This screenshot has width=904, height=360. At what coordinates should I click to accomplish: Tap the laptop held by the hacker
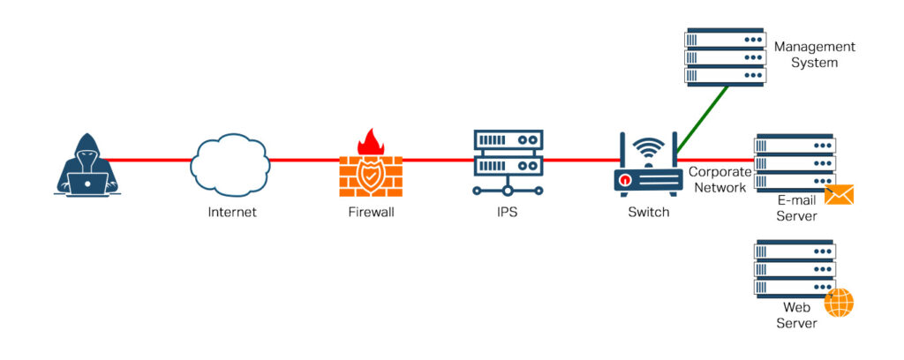point(88,184)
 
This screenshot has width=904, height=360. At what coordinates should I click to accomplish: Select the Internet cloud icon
point(230,163)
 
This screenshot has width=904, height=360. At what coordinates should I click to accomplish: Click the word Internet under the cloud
point(231,213)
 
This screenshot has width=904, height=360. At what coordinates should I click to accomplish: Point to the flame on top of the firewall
point(369,141)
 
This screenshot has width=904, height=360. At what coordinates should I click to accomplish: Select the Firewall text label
point(370,213)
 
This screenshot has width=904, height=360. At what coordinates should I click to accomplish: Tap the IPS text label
point(508,213)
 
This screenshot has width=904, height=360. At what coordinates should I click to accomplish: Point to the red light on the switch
point(625,181)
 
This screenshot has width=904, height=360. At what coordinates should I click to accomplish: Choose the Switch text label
point(648,213)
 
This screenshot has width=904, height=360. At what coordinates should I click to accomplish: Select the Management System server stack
point(724,56)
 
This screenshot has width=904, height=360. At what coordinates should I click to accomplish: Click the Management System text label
point(813,55)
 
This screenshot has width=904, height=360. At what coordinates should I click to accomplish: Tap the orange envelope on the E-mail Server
point(839,194)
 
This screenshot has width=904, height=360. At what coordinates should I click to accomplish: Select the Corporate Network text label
point(719,179)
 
